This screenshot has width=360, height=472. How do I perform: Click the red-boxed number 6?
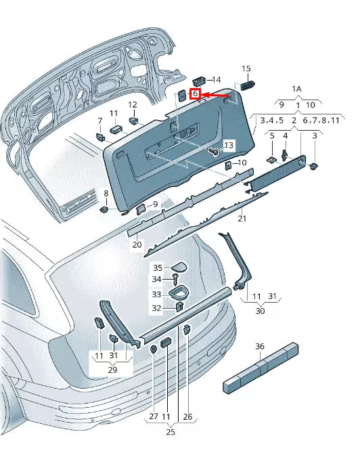coord(196,94)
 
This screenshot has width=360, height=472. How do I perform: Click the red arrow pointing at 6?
coord(215,95)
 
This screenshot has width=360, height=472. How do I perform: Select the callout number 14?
coord(217,79)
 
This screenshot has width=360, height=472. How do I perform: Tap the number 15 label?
coord(246,68)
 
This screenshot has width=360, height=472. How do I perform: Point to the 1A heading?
coord(296,89)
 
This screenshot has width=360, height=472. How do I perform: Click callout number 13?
coord(228,146)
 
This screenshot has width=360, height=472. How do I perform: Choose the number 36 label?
coord(259,346)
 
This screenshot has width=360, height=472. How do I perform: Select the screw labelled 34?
coord(177,278)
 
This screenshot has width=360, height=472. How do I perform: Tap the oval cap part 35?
coord(179,265)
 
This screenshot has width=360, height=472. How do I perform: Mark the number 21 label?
coord(242,219)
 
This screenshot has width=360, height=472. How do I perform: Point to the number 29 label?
coord(112,370)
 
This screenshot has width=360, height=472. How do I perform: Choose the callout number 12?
coord(133,104)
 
